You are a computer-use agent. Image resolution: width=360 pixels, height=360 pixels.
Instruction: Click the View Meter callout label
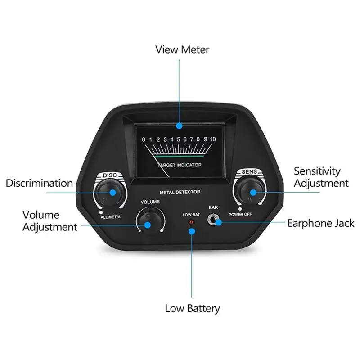coord(182,50)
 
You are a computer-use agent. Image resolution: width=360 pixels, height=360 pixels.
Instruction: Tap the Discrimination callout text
coord(39,183)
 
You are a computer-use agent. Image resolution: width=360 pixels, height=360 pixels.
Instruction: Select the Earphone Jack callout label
coord(320,223)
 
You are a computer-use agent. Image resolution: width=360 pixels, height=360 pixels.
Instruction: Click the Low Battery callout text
coord(193,308)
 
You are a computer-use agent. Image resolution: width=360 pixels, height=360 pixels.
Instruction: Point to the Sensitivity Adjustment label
coord(321,177)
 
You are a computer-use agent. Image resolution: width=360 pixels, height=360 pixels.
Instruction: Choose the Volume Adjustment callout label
coord(50,221)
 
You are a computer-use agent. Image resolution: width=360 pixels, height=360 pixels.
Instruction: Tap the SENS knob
coord(250,190)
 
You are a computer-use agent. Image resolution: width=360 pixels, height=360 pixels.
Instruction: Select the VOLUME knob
coord(151,220)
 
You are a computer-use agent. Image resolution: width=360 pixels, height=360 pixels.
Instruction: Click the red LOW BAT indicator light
coord(191,222)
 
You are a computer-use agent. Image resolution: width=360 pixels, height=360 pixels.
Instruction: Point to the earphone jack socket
coord(213,220)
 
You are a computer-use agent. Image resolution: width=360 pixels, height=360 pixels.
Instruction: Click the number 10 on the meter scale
coord(213,139)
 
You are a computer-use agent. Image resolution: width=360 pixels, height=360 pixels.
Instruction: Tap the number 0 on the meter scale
coord(144,139)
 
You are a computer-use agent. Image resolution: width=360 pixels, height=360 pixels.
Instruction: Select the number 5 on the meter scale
coord(178,139)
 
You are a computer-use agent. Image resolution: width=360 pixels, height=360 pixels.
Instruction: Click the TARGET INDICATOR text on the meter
coord(180,165)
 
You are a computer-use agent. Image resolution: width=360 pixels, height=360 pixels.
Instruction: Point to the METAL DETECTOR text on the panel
coord(180,192)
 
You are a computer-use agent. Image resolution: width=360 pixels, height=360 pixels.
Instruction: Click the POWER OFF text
coord(240,215)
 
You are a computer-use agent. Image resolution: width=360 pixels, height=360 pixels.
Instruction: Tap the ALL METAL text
coord(111,217)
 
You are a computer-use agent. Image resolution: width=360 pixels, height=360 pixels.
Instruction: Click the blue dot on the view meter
coord(179,126)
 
